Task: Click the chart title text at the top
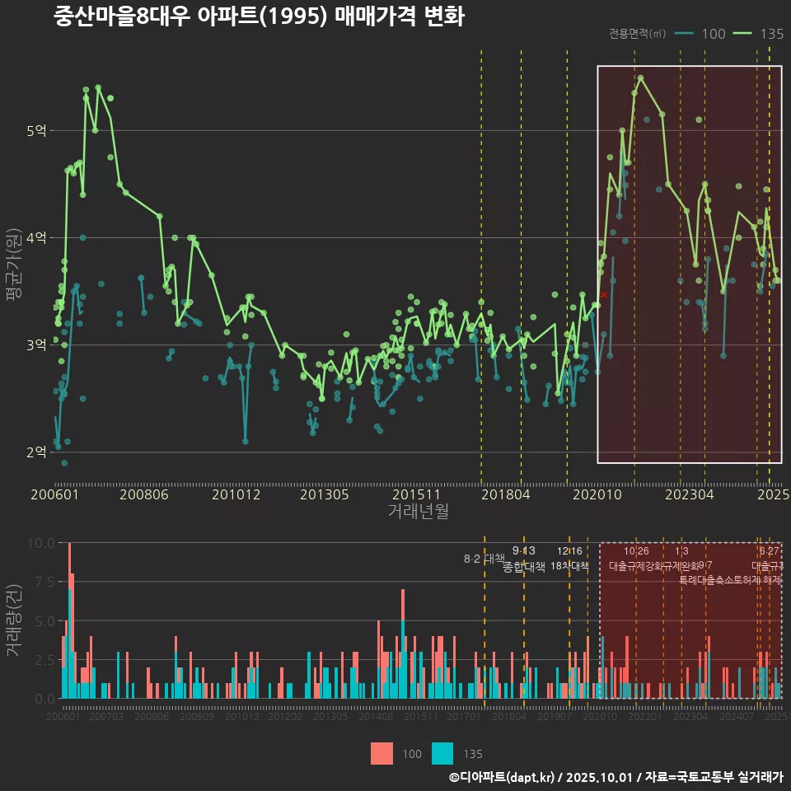click(x=259, y=17)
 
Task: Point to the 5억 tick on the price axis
click(x=36, y=130)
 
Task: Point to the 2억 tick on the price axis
click(x=36, y=452)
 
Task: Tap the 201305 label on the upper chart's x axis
click(x=324, y=494)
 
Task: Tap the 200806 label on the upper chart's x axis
click(x=145, y=494)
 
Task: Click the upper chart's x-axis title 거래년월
click(x=418, y=512)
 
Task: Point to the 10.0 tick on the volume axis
click(x=41, y=543)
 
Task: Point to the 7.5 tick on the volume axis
click(x=41, y=582)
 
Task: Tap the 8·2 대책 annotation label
click(x=484, y=559)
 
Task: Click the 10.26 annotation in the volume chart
click(x=636, y=551)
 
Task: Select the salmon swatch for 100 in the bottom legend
click(x=381, y=753)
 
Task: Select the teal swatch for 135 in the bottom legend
click(x=442, y=753)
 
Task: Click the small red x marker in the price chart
click(x=604, y=294)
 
